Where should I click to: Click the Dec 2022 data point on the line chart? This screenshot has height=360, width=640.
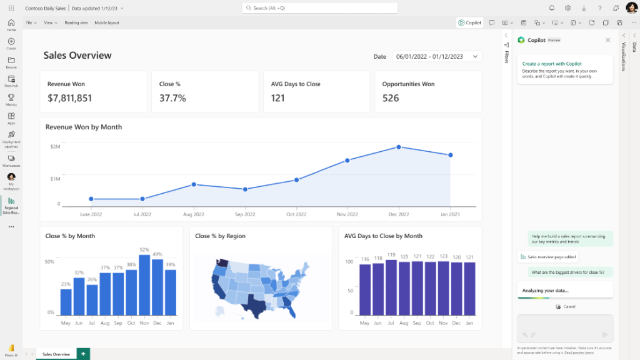(x=399, y=147)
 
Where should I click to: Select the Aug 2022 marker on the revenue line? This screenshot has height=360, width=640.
(x=194, y=184)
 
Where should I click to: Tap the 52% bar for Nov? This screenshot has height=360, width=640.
(x=144, y=285)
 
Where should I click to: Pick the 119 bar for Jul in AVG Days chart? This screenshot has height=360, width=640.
(x=391, y=287)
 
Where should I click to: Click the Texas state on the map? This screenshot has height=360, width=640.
(x=256, y=306)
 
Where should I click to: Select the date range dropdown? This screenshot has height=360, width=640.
(x=437, y=56)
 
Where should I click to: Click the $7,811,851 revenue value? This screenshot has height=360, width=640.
(x=70, y=98)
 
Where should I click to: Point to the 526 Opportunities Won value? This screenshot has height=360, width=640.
(x=391, y=98)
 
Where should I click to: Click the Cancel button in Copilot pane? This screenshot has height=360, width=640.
(x=566, y=307)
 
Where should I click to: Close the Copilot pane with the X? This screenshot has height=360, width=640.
(x=607, y=40)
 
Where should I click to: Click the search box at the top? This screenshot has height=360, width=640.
(x=319, y=8)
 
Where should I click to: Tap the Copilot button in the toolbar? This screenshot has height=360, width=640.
(x=469, y=22)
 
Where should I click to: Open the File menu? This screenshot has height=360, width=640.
(x=31, y=22)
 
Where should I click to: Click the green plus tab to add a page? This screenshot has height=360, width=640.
(x=82, y=354)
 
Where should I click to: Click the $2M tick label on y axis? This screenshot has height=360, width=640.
(x=55, y=146)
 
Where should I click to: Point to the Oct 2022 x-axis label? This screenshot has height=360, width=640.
(x=296, y=214)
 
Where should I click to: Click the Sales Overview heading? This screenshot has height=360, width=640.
(x=77, y=56)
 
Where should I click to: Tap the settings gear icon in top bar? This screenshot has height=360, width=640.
(x=567, y=8)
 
